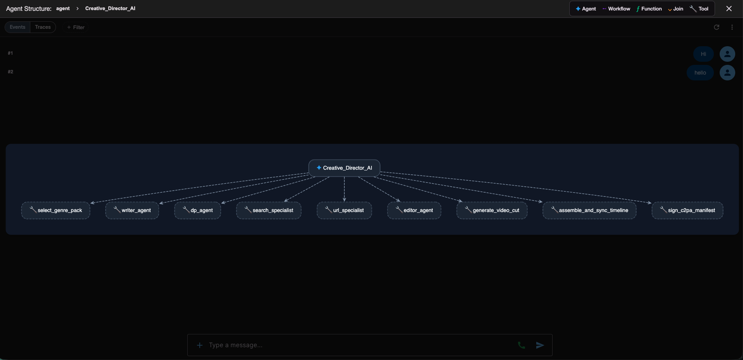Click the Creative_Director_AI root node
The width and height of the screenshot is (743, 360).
pos(344,168)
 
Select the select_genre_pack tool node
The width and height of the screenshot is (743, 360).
pos(56,210)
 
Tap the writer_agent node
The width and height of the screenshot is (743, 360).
pos(132,210)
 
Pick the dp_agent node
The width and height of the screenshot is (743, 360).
pos(198,210)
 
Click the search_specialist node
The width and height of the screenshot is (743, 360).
pos(269,210)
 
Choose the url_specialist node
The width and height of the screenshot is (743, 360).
pos(344,210)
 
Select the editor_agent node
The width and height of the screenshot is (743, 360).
pos(414,210)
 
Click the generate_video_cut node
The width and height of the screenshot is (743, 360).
pos(492,210)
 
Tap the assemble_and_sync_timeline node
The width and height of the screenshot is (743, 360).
pos(590,210)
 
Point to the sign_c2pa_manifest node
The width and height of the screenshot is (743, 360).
pos(687,210)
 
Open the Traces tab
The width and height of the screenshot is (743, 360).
pos(43,27)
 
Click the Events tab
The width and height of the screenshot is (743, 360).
pos(17,27)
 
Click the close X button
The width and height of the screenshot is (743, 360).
pos(729,9)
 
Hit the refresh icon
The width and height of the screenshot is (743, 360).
pos(717,27)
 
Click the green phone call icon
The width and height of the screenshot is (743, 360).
pos(521,345)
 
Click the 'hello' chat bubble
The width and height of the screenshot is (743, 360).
pos(700,73)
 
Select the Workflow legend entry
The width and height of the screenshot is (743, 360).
pos(616,9)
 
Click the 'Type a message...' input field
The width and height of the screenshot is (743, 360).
pos(358,345)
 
